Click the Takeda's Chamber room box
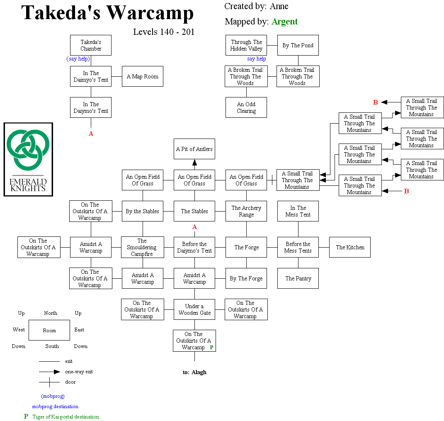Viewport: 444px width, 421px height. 91,45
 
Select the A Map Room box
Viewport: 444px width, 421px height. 143,76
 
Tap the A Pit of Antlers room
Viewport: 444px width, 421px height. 194,149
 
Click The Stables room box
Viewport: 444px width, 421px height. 194,211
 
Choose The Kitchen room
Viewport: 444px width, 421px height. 350,247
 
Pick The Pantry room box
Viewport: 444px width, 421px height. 298,278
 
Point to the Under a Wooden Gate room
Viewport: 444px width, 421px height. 194,309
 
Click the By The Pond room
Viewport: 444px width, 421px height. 298,45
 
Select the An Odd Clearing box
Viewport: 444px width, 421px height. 246,107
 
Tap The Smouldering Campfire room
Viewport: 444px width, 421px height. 142,247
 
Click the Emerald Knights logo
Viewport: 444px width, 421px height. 28,159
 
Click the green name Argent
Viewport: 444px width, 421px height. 284,22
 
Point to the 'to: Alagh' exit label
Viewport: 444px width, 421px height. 194,372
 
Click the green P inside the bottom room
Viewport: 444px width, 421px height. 211,348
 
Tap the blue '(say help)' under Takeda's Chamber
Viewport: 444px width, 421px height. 78,59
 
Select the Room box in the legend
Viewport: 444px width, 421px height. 49,330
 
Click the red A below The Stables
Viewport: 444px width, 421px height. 194,227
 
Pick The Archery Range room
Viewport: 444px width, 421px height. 246,211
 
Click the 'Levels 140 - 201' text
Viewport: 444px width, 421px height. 164,32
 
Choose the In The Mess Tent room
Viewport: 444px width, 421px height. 298,211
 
